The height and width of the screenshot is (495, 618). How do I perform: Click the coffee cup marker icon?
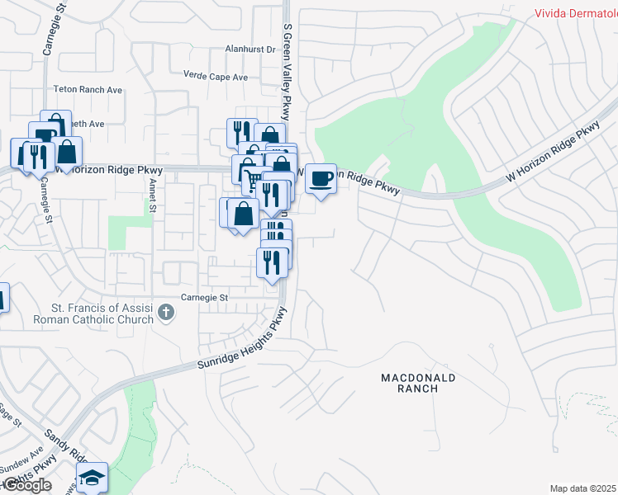click(x=321, y=177)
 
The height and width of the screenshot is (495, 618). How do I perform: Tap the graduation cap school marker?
click(x=92, y=478)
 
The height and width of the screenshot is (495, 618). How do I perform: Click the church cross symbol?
click(x=166, y=312)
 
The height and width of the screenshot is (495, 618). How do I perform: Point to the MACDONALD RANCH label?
click(x=418, y=383)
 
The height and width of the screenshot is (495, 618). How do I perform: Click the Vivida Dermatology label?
click(x=575, y=12)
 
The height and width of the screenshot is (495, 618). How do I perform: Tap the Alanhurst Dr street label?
click(x=250, y=49)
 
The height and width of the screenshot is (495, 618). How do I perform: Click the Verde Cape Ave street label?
click(x=216, y=78)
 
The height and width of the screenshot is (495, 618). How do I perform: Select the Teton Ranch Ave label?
click(x=88, y=89)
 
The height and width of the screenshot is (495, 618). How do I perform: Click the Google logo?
click(x=26, y=485)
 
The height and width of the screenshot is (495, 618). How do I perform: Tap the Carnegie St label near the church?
click(x=204, y=297)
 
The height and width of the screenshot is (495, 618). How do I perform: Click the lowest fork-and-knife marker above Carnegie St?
click(x=273, y=262)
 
